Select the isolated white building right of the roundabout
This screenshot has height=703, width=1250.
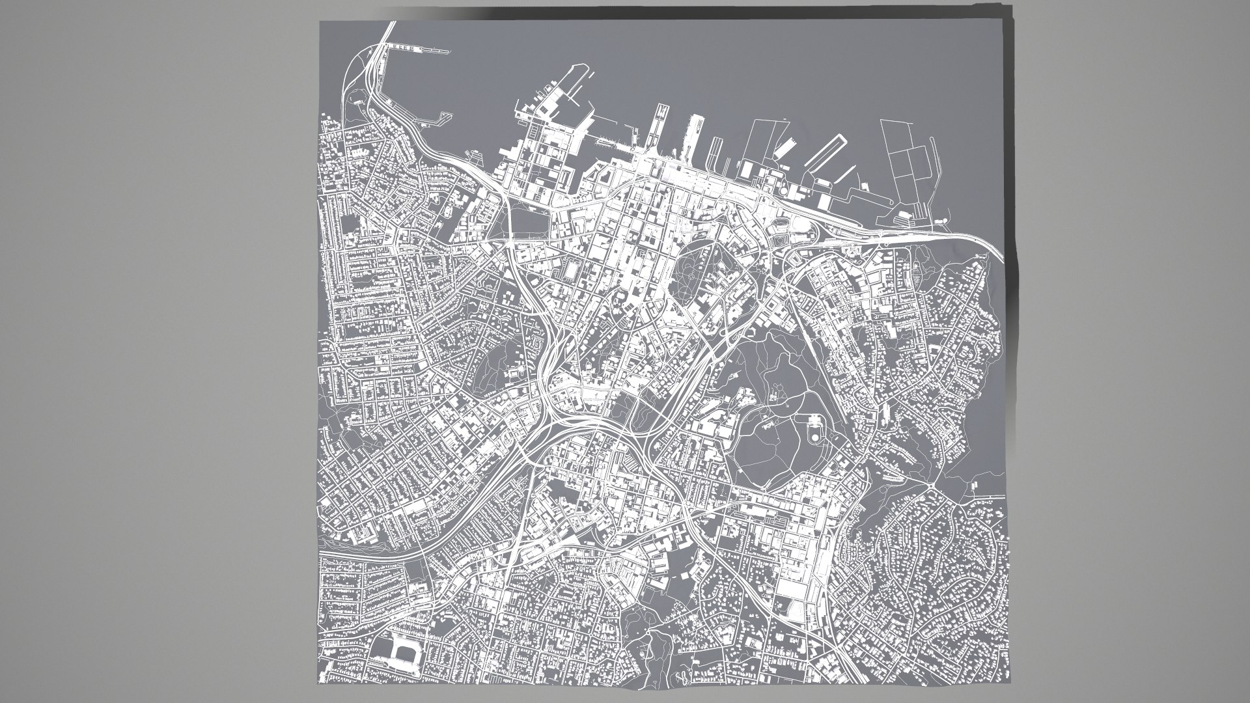coord(975,486)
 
